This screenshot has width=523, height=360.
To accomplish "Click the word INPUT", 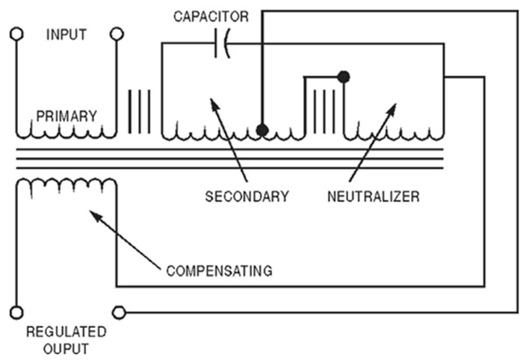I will point(66,35).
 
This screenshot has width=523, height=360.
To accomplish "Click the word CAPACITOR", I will point(212,16).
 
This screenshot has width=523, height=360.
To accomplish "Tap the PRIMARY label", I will point(66,117).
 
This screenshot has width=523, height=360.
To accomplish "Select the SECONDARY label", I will point(247,197).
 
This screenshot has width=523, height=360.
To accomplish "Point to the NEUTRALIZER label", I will point(374,197).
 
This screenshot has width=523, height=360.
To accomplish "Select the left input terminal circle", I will point(16,34).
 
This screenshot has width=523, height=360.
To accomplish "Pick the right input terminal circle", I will point(117,34).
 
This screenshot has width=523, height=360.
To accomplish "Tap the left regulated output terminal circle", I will point(16,311).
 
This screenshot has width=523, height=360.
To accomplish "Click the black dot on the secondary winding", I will point(262,130).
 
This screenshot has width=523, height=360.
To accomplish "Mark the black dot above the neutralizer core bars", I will point(344,75).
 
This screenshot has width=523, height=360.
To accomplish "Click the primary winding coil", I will point(66,131).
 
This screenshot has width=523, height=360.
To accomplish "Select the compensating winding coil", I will point(66,184).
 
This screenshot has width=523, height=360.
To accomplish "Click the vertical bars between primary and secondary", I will point(140,112).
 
